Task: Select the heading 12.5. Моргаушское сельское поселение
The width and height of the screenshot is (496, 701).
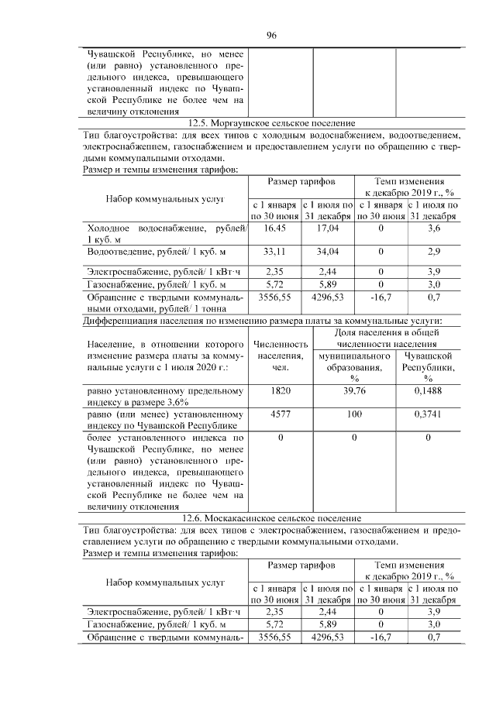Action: pyautogui.click(x=271, y=123)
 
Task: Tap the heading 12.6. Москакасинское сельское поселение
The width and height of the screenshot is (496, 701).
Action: pyautogui.click(x=271, y=518)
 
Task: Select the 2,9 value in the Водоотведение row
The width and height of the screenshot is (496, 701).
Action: pyautogui.click(x=434, y=251)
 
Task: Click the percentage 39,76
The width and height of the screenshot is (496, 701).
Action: pyautogui.click(x=353, y=392)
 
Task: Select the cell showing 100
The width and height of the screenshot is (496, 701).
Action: pyautogui.click(x=353, y=414)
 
